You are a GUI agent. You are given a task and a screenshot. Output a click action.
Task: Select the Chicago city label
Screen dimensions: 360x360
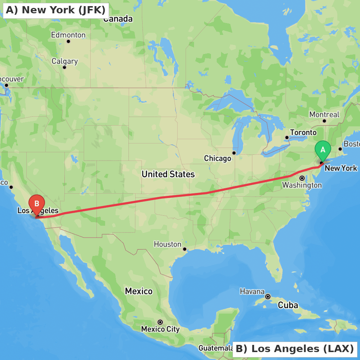[217, 158]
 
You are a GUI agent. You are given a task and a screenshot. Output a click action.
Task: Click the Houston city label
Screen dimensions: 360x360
[167, 244]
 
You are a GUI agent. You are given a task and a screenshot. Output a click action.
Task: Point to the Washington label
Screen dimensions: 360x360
[302, 185]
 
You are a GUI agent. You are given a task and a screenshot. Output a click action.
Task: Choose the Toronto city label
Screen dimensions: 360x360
[303, 132]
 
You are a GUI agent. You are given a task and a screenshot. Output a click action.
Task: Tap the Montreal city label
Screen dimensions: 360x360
[324, 114]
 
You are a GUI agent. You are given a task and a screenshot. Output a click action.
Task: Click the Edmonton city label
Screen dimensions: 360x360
[68, 35]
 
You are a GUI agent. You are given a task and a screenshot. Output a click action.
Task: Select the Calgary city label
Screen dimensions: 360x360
[64, 61]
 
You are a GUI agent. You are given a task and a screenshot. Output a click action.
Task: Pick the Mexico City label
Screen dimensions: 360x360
[160, 329]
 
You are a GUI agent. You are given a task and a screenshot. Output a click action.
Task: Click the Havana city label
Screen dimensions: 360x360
[252, 292]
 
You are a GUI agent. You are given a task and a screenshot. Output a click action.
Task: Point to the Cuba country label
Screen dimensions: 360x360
[288, 306]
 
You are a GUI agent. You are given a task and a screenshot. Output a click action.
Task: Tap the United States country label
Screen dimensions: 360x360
[168, 175]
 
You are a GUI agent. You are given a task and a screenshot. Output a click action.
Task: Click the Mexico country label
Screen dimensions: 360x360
[139, 291]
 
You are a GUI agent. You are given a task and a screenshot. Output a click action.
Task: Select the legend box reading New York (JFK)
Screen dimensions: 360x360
[56, 10]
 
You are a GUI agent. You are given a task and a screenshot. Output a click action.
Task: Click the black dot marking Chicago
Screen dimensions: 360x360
[234, 153]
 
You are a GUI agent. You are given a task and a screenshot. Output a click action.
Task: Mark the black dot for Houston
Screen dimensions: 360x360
[184, 249]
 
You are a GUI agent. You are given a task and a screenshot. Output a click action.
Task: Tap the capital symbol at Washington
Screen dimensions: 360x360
[302, 178]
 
